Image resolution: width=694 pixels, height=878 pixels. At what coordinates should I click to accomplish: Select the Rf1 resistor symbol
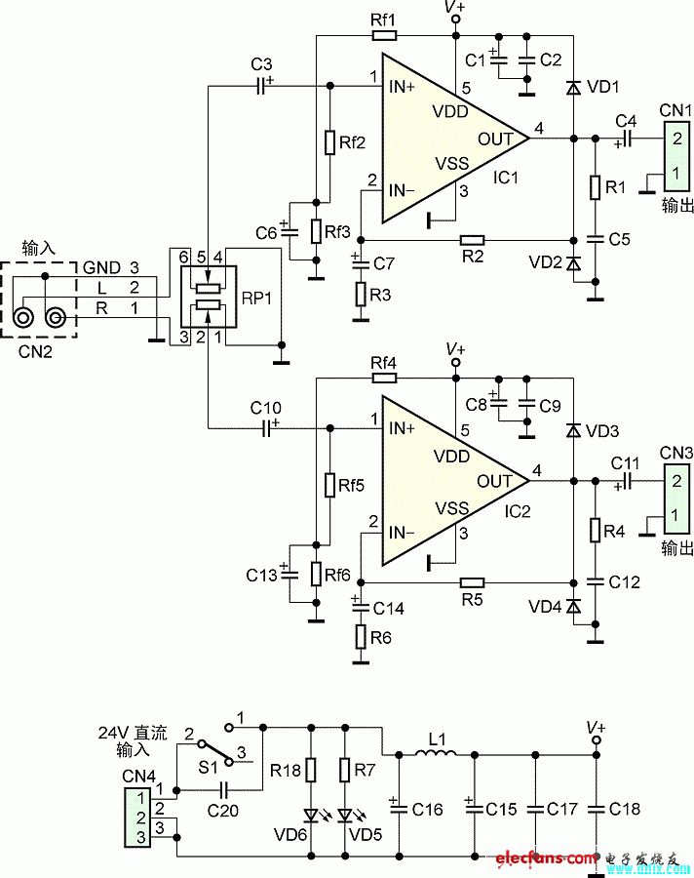384,36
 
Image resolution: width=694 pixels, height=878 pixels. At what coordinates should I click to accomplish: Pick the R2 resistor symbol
473,240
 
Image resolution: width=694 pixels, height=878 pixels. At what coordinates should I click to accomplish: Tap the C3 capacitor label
261,64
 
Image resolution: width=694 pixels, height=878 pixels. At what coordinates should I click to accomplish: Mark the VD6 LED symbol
312,815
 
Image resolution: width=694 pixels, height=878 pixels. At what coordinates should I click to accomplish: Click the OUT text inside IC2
495,481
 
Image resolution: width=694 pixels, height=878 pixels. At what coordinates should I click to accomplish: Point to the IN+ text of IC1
404,87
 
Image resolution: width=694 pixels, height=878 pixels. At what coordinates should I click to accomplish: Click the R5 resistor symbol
473,581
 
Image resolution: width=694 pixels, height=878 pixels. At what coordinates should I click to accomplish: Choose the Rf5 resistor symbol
330,485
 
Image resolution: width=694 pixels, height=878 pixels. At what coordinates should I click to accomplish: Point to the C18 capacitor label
624,810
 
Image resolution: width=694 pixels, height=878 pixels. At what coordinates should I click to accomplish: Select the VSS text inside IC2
451,507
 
